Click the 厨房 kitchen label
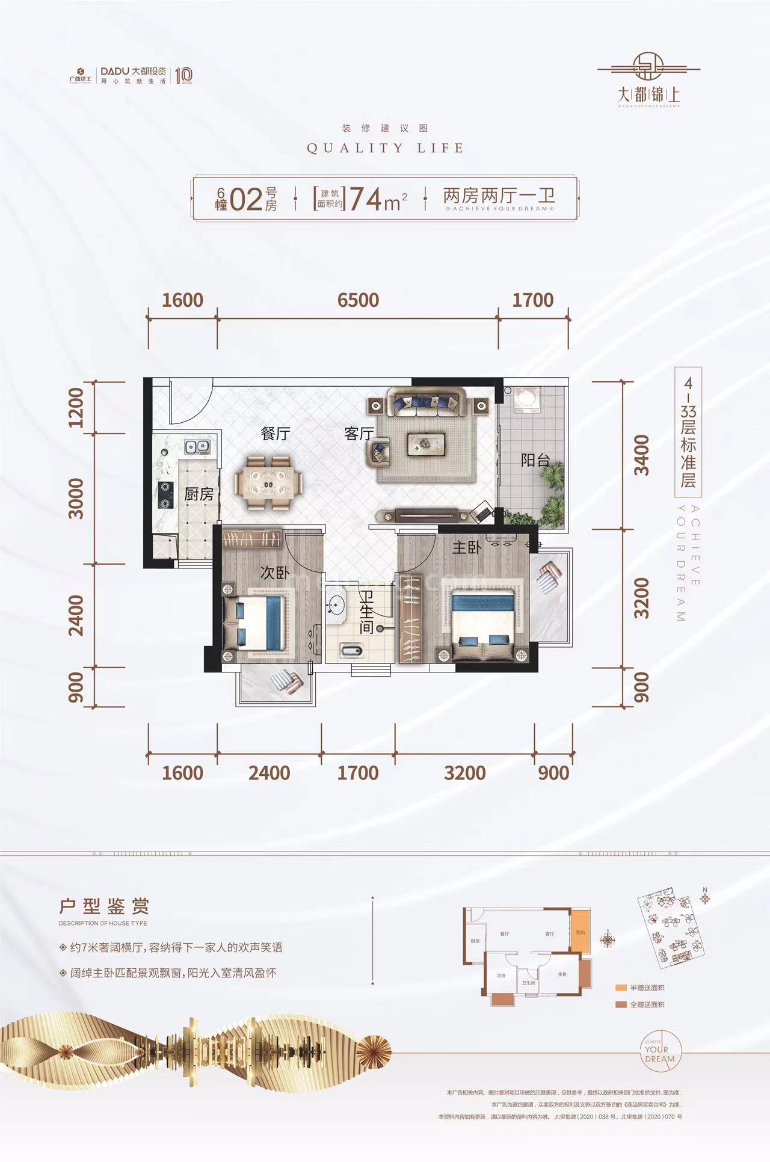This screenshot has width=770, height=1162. click(199, 494)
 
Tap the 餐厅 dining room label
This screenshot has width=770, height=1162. click(276, 433)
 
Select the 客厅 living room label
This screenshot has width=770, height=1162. click(359, 433)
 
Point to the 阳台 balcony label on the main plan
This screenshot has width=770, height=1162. click(535, 461)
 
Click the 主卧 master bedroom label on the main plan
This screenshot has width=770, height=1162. click(467, 547)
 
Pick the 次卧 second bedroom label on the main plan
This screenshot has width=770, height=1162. click(275, 573)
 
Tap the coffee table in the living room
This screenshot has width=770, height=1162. click(427, 444)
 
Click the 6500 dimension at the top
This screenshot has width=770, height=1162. click(358, 300)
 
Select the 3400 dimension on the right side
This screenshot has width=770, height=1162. click(642, 455)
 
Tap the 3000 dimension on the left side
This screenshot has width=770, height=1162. click(76, 498)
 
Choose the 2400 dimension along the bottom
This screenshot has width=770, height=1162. click(269, 773)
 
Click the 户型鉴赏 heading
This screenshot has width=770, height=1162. click(104, 906)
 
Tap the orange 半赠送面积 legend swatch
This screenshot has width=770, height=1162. click(621, 988)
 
